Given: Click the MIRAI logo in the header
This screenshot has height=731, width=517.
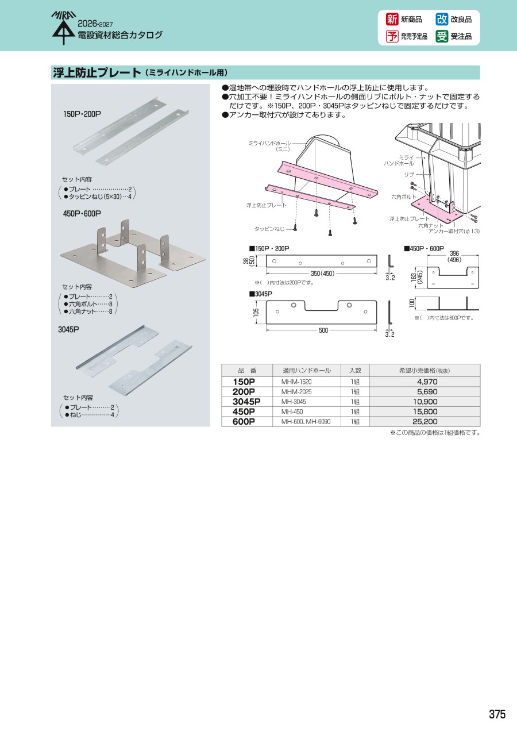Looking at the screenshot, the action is pos(64,28).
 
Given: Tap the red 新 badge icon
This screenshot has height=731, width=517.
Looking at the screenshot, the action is pos(392,20).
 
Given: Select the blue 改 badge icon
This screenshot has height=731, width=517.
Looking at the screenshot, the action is pos(442,20).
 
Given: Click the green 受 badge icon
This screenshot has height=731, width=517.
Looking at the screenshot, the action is pos(442,36).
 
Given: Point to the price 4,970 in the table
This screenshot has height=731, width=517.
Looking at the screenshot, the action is pos(427,382).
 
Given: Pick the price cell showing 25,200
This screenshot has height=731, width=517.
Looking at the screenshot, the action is pos(425,421).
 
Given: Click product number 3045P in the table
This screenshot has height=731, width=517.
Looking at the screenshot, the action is pos(246,401).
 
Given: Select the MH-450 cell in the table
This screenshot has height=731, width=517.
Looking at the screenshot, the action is pos(292,411).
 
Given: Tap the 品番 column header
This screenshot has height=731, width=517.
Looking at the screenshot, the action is pos(247,371).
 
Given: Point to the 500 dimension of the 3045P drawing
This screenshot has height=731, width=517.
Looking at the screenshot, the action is pos(323,330).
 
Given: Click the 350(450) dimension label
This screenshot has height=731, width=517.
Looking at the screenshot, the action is pos(323,274).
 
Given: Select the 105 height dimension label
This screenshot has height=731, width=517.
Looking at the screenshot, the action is pos(256,312).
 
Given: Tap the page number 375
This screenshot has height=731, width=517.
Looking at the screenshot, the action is pos(497,714).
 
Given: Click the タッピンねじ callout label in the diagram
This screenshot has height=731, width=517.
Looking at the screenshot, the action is pos(269,229).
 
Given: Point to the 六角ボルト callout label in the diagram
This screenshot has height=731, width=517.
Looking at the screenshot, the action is pos(403,197).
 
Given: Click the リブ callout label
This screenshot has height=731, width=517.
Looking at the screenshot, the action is pos(409,175).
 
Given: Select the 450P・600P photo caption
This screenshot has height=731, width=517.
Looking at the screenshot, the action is pos(82,213).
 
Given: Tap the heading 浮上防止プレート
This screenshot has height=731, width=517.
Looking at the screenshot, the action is pos(97,72).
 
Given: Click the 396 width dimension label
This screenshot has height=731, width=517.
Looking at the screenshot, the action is pos(454,253).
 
